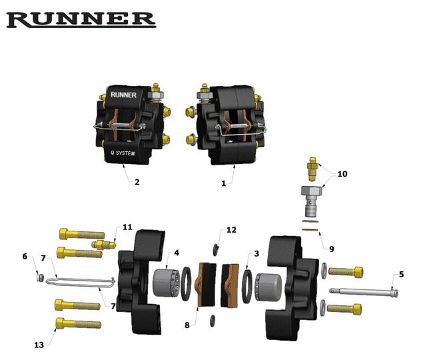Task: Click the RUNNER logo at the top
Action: pos(81,19)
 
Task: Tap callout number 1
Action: pos(224,183)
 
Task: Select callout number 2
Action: pos(137,182)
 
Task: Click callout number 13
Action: pos(39,345)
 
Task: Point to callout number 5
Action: pos(401,275)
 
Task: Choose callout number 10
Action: pos(342,174)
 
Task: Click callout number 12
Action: pos(231,230)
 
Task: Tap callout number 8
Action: pos(187,325)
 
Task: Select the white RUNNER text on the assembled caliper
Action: pos(123,95)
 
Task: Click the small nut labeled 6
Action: pos(41,277)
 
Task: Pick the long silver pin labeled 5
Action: pos(364,291)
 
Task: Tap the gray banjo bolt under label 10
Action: pos(312,201)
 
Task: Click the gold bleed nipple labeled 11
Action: pos(103,245)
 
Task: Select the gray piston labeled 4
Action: pos(167,283)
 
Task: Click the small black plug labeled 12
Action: pos(215,250)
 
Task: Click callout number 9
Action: pos(332,249)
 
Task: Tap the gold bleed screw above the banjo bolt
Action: pos(312,169)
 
